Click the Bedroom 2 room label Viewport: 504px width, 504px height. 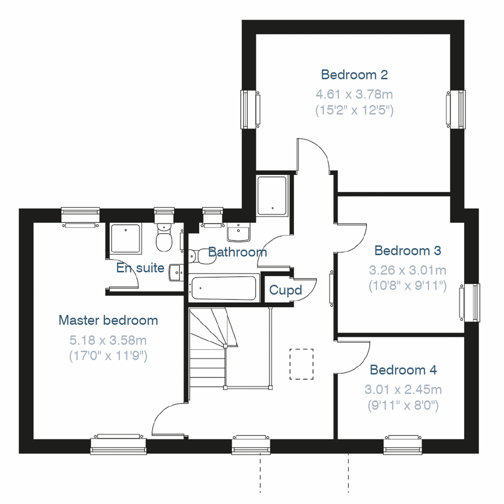pyautogui.click(x=354, y=75)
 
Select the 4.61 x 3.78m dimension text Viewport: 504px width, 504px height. pyautogui.click(x=354, y=94)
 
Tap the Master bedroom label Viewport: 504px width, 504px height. pyautogui.click(x=108, y=320)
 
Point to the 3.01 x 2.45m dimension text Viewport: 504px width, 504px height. pyautogui.click(x=403, y=390)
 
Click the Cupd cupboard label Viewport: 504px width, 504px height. pyautogui.click(x=285, y=290)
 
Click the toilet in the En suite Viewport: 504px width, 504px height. pyautogui.click(x=163, y=238)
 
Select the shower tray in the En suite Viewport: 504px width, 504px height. pyautogui.click(x=126, y=238)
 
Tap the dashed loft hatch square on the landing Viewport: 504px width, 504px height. pyautogui.click(x=302, y=364)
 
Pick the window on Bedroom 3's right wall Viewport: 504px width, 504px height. pyautogui.click(x=470, y=302)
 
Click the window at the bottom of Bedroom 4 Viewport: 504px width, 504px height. pyautogui.click(x=403, y=445)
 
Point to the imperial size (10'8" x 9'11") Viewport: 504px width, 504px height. pyautogui.click(x=407, y=286)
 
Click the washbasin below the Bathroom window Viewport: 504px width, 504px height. pyautogui.click(x=238, y=232)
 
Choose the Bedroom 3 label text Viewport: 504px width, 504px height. pyautogui.click(x=407, y=251)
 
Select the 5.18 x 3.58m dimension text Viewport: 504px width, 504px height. pyautogui.click(x=108, y=340)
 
